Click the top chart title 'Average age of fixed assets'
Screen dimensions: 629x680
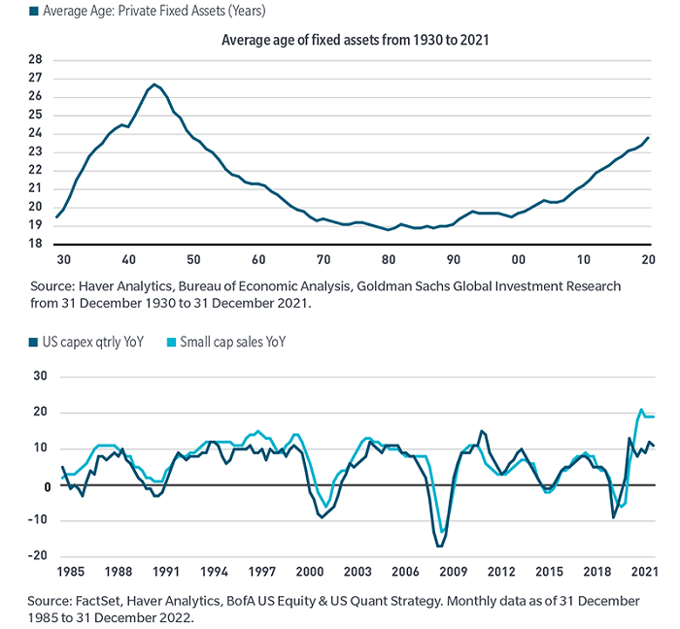(349, 40)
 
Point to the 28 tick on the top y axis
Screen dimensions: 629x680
(35, 59)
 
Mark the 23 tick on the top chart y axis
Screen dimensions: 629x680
(35, 151)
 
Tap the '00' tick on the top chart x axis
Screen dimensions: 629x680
(519, 261)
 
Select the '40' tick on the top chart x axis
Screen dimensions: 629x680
(128, 261)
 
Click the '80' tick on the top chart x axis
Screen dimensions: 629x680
(389, 261)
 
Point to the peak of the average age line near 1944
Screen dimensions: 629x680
(154, 84)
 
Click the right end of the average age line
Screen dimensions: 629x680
(649, 137)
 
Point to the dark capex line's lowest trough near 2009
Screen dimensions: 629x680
(439, 546)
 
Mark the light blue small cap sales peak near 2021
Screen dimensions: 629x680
(641, 410)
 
